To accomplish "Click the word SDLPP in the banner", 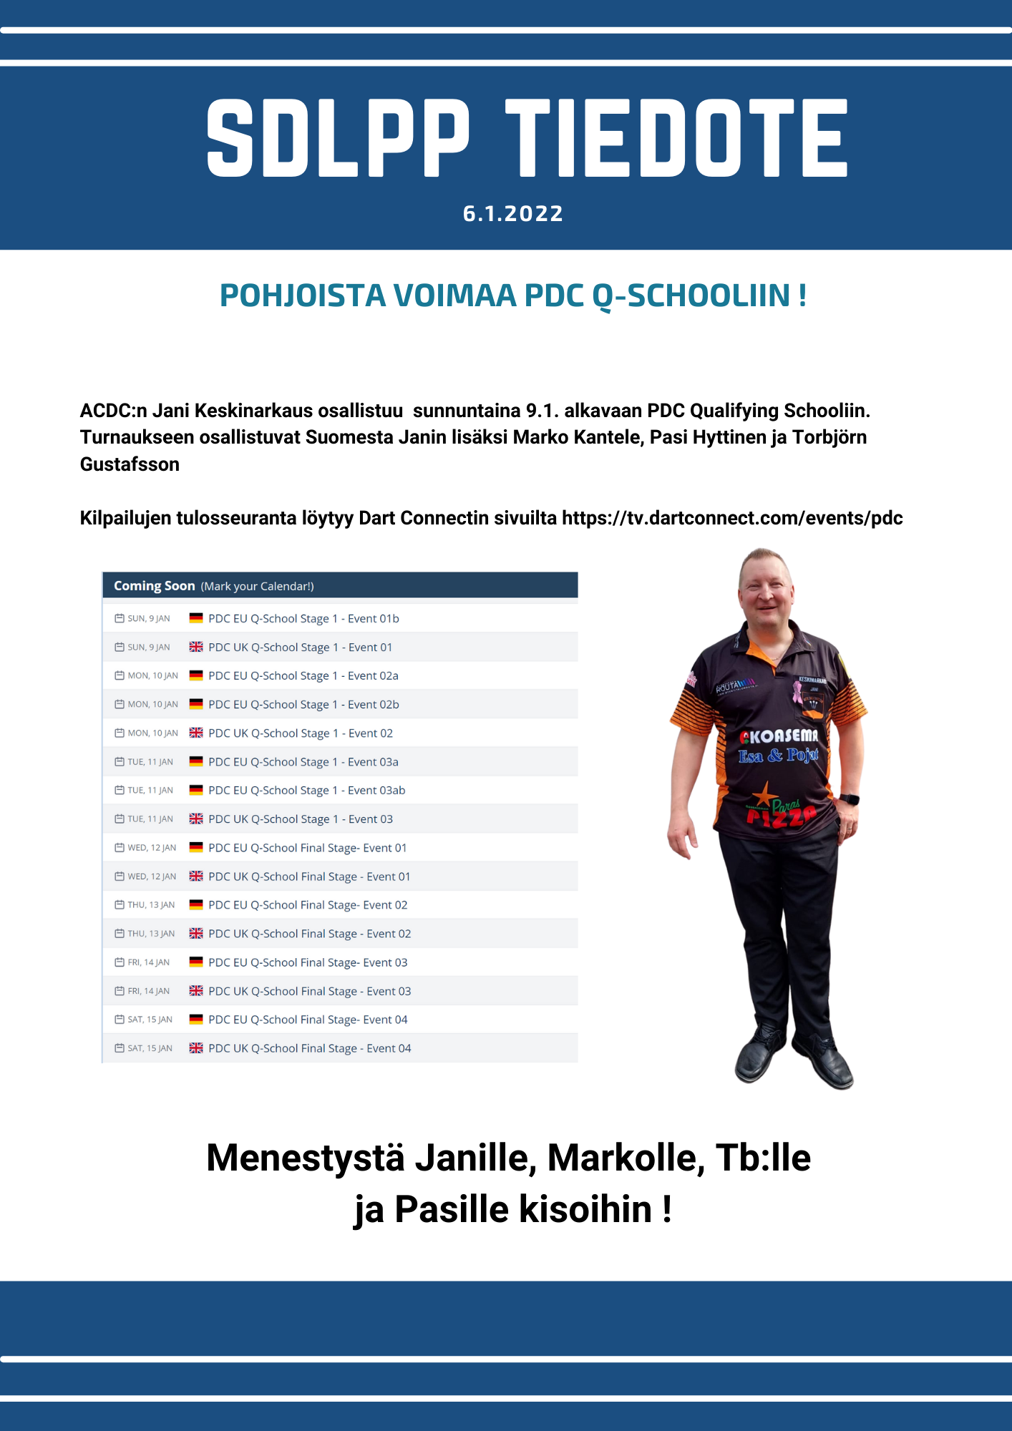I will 338,138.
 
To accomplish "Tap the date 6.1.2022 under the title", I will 513,213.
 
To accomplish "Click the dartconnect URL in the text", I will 732,518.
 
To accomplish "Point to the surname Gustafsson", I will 130,464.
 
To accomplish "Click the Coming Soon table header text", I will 155,586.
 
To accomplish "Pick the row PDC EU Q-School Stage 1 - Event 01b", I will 303,619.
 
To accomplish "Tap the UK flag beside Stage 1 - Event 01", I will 196,647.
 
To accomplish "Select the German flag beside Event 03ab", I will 196,790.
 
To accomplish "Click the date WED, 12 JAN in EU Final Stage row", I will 152,848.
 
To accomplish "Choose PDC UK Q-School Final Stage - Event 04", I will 309,1048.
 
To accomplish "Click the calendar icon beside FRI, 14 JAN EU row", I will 120,962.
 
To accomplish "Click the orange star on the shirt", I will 763,796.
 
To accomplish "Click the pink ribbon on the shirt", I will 797,691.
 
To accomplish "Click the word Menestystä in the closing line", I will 306,1158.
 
